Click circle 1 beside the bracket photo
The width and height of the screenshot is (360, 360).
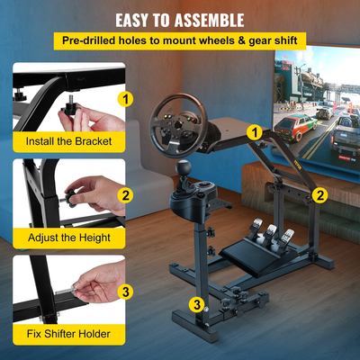pos(126,99)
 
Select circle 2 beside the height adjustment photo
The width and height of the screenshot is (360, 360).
pos(126,195)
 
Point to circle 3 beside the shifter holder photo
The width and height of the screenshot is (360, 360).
pos(126,292)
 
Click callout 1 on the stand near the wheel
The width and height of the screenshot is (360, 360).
pos(256,132)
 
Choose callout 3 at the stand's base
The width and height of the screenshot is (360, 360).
pos(195,304)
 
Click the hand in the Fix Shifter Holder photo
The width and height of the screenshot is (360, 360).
pos(94,283)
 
